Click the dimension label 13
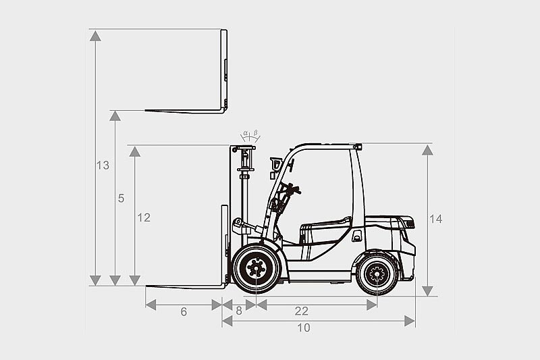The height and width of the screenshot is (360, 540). coord(103,165)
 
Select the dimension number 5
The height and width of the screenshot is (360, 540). coord(121,199)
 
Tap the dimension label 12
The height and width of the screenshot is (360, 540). coord(144,217)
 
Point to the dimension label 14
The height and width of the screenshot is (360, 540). coord(435,219)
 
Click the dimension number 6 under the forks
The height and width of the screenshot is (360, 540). coord(184,312)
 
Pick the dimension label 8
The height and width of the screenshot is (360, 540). coord(239,311)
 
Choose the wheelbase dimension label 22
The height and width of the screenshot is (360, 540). coord(301,311)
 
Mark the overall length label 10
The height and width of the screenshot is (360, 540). coord(303,328)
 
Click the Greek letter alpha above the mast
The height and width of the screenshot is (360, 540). coord(246,132)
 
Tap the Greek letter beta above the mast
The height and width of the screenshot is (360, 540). coord(256,132)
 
